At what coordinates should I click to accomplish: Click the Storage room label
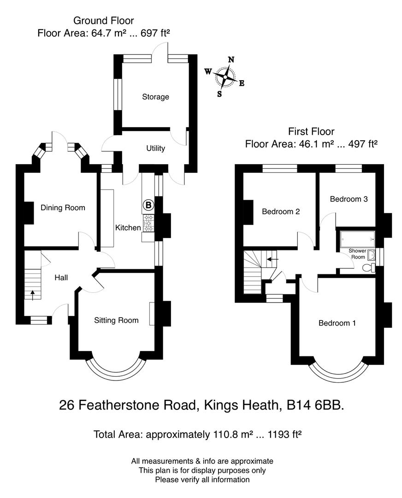pos(155,97)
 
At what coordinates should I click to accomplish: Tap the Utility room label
pos(155,148)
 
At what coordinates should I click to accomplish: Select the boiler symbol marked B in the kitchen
pos(148,204)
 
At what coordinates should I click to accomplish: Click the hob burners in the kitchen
pos(148,223)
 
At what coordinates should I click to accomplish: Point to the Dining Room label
pos(63,207)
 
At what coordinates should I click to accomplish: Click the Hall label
pos(61,278)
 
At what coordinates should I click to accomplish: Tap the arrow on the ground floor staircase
pos(32,293)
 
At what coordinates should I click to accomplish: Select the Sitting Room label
pos(116,320)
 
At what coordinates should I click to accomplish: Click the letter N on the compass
pos(231,59)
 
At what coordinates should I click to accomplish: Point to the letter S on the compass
pos(219,94)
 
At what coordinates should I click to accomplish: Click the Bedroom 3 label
pos(349,199)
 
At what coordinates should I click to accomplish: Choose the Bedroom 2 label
pos(281,212)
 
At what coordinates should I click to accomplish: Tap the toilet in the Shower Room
pos(368,268)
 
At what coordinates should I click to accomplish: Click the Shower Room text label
pos(357,254)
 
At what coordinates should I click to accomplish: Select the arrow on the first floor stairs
pos(272,259)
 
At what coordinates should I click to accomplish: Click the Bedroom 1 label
pos(337,323)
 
